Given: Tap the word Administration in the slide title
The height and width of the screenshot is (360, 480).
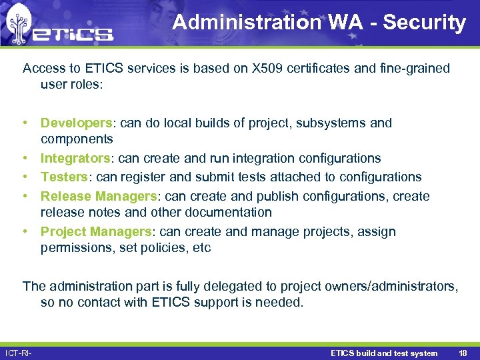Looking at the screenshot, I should (x=247, y=23).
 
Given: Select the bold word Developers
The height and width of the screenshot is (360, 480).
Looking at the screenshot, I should (x=77, y=123).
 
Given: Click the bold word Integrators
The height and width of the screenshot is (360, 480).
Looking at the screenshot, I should (x=75, y=159).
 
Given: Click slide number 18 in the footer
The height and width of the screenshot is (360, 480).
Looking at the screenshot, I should (x=463, y=353).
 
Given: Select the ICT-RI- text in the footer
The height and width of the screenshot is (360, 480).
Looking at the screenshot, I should (x=19, y=353).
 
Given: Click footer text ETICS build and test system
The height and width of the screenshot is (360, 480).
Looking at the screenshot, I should (x=384, y=353).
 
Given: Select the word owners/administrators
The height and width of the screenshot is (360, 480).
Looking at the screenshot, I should (x=391, y=287).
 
